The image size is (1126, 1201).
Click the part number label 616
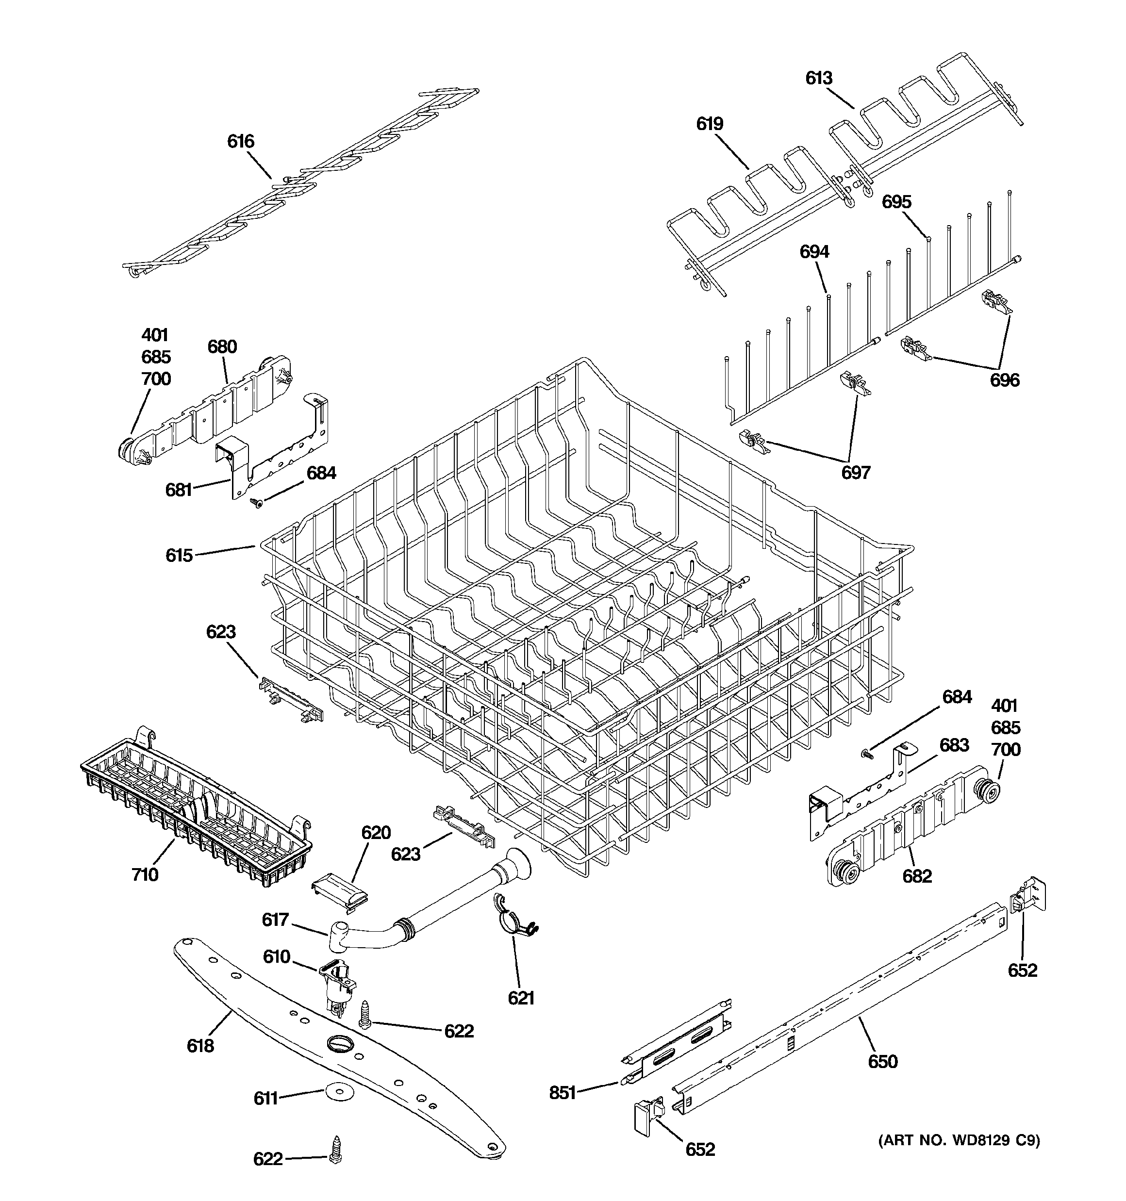(x=241, y=141)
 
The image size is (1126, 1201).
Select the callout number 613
(x=818, y=78)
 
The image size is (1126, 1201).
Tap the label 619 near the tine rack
(x=710, y=124)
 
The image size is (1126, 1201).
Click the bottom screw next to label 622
(x=335, y=1157)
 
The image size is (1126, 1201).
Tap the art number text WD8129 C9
(x=959, y=1141)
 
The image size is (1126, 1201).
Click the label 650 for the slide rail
(x=882, y=1061)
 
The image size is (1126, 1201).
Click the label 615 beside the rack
(x=179, y=555)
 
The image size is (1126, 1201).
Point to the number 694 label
(x=814, y=252)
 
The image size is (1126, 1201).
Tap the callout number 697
(x=855, y=473)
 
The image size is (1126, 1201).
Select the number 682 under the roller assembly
(x=917, y=876)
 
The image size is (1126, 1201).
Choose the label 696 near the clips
(x=1004, y=380)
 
